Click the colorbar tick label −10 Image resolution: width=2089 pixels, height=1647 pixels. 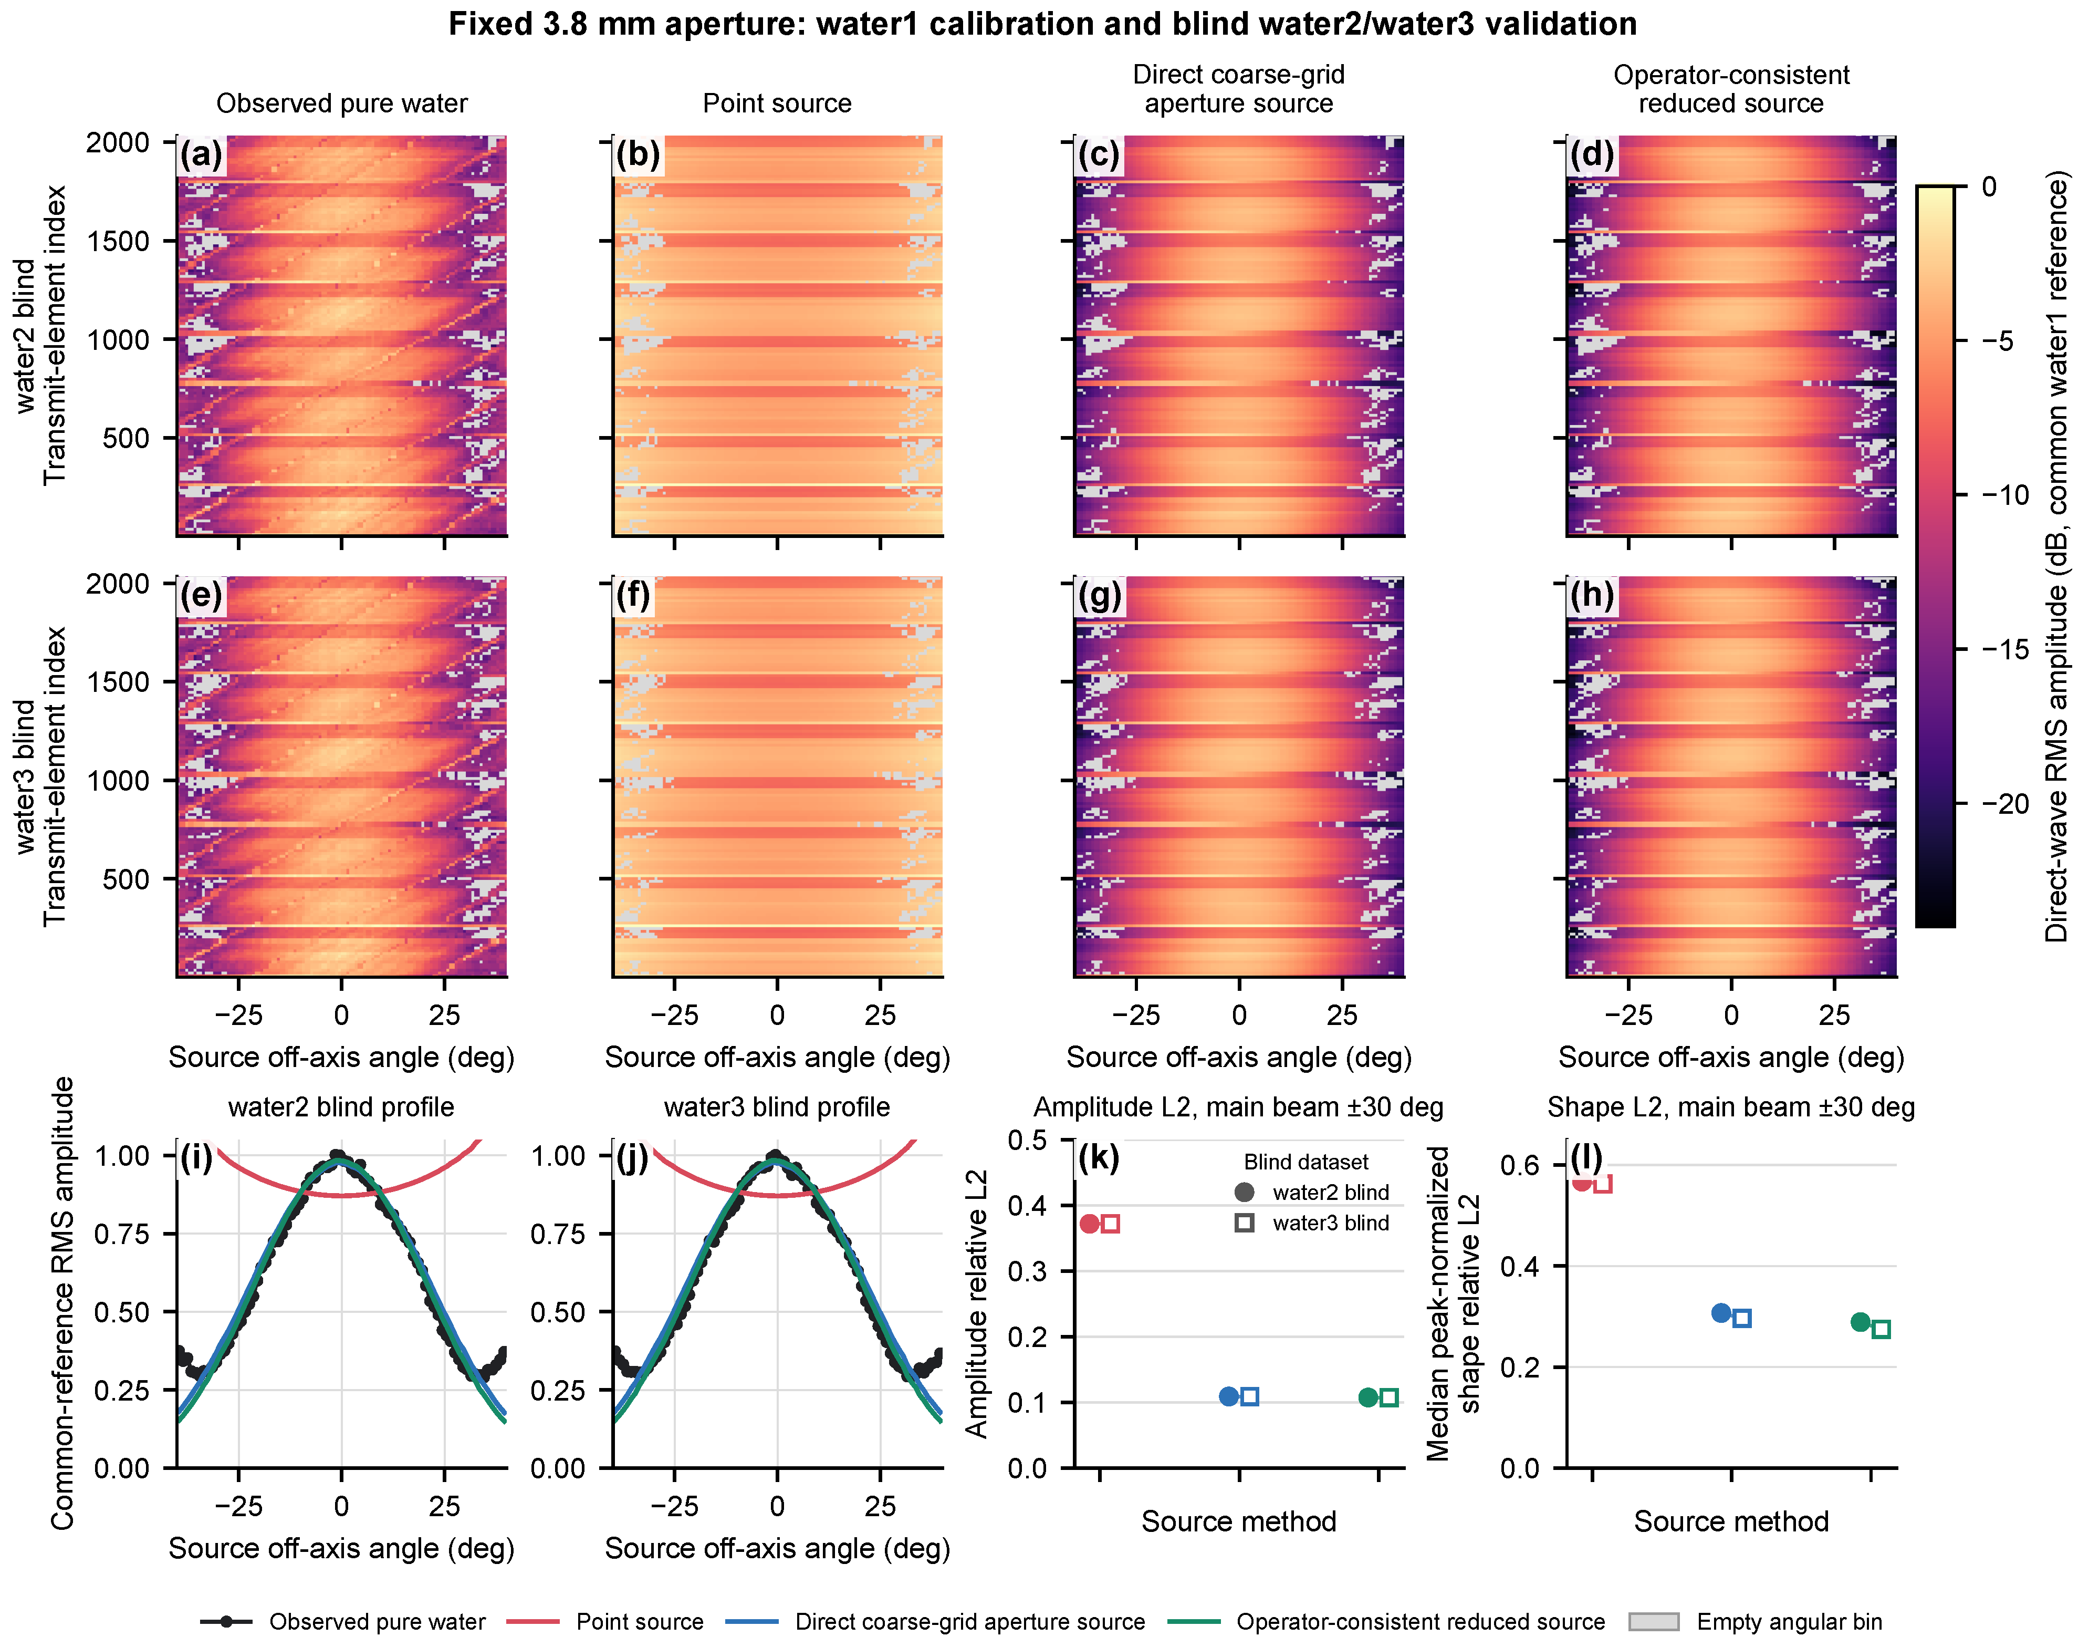[2004, 495]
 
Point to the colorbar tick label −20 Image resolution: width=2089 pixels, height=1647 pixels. [2004, 803]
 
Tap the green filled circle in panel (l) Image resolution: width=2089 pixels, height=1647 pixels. [1861, 1322]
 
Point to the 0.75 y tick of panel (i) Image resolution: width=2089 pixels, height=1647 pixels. [121, 1234]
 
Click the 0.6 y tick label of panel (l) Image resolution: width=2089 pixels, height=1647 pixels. [1520, 1165]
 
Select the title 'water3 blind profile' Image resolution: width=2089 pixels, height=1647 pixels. [777, 1107]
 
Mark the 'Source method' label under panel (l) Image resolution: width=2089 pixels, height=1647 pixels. [1731, 1521]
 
